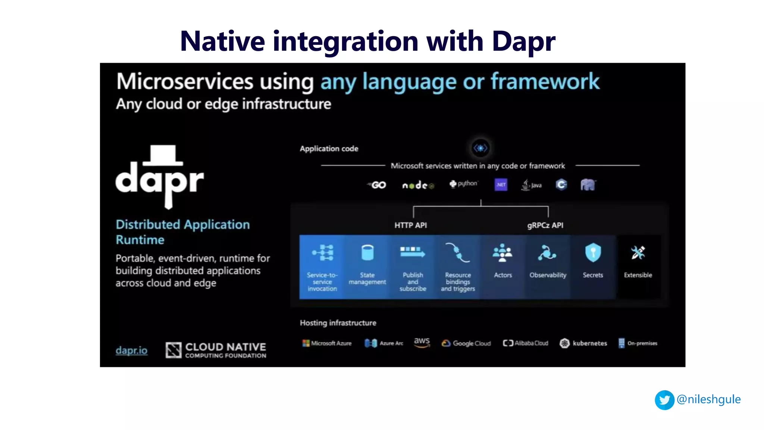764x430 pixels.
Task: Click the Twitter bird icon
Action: pos(664,400)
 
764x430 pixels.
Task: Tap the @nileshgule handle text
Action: pos(708,399)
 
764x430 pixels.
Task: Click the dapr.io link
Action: pos(131,350)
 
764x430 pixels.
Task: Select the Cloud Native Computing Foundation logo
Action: pos(216,350)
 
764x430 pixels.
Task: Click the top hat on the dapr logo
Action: pos(163,155)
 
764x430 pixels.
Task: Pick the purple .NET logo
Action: pos(501,184)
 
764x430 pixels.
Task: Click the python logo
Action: pos(463,184)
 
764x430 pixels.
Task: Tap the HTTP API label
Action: pos(410,225)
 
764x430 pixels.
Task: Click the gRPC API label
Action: pos(545,225)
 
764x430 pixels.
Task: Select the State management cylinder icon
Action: pos(367,253)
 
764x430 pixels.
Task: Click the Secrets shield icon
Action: pos(593,253)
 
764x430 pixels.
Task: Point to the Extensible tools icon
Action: pos(638,253)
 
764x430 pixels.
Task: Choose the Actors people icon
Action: pos(502,253)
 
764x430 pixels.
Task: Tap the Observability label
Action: pos(548,275)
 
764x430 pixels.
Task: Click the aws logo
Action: pos(422,342)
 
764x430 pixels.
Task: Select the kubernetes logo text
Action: pos(589,343)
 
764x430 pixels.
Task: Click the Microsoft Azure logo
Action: pos(327,343)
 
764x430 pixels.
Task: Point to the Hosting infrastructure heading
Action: pos(338,323)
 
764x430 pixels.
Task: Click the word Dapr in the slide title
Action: pos(523,41)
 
